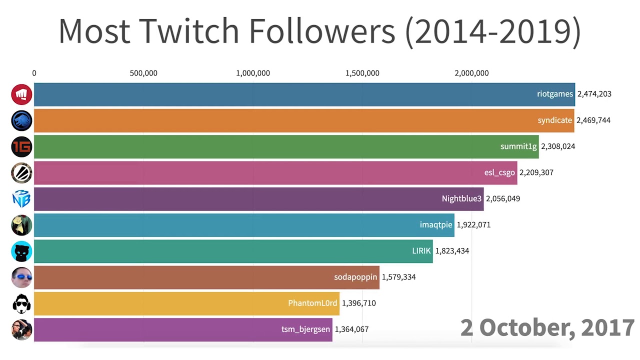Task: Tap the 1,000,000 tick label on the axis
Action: tap(253, 73)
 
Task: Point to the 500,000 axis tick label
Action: tap(143, 73)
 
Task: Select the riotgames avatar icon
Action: tap(21, 94)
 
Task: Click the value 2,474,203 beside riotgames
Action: tap(594, 94)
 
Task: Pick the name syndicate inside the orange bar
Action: tap(554, 120)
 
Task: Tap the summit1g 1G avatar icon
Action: tap(21, 146)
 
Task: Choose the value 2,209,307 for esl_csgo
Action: tap(536, 172)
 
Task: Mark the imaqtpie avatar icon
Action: tap(21, 225)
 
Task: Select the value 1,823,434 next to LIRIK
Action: tap(452, 251)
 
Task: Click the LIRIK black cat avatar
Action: tap(21, 251)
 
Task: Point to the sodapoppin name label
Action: tap(355, 277)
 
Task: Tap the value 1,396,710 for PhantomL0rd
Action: tap(358, 303)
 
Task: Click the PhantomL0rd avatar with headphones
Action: tap(21, 303)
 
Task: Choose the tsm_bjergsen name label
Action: tap(305, 329)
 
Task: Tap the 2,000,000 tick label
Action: tap(471, 73)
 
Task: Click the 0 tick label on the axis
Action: tap(34, 73)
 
